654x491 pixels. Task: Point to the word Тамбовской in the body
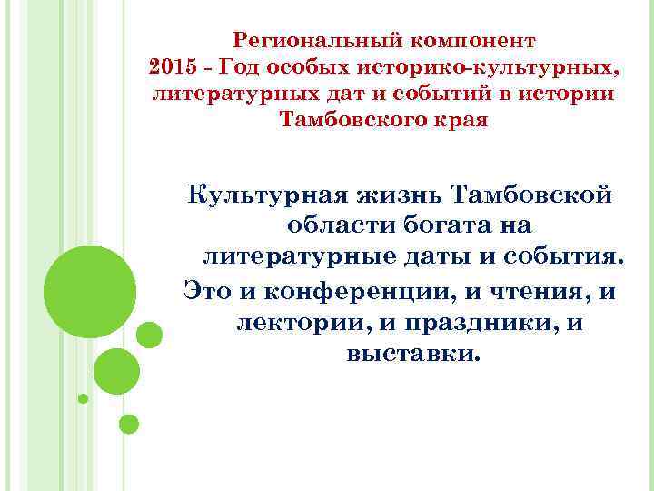pyautogui.click(x=536, y=195)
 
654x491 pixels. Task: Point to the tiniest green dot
pyautogui.click(x=84, y=398)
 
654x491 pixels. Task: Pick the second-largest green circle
pyautogui.click(x=116, y=371)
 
